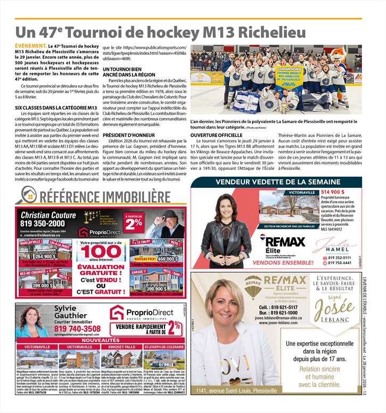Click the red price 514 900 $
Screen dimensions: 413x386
point(333,192)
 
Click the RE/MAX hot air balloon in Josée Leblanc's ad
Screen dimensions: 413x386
point(253,287)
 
